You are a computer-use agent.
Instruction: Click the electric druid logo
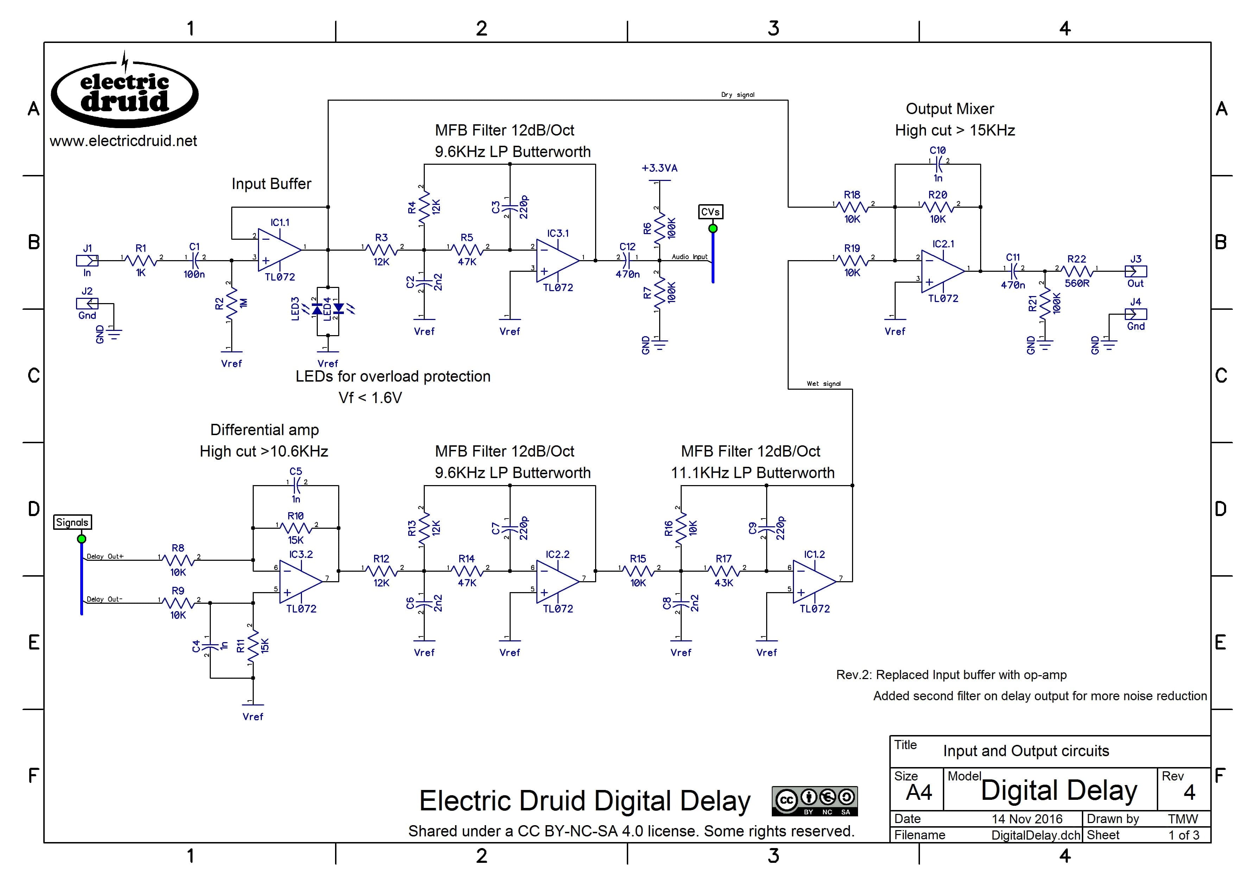(125, 93)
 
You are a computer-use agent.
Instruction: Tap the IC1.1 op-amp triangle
(279, 250)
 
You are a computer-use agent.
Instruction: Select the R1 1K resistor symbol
(141, 261)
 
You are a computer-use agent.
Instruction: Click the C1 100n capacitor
(194, 261)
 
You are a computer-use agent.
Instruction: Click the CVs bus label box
(710, 212)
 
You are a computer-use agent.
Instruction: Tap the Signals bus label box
(72, 522)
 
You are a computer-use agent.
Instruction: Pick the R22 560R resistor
(1077, 271)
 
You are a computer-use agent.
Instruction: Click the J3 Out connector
(1135, 271)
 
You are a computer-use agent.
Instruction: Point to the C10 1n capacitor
(938, 162)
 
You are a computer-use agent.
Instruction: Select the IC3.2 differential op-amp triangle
(300, 582)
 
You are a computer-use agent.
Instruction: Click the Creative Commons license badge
(814, 801)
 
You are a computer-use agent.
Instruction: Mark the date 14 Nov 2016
(1027, 819)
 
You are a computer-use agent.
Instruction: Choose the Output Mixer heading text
(950, 109)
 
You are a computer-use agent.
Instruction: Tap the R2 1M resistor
(232, 303)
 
